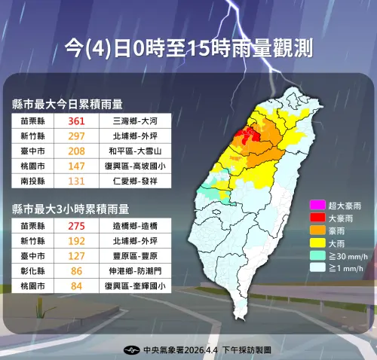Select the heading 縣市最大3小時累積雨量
click(67, 208)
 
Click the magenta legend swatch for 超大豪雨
click(317, 205)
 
